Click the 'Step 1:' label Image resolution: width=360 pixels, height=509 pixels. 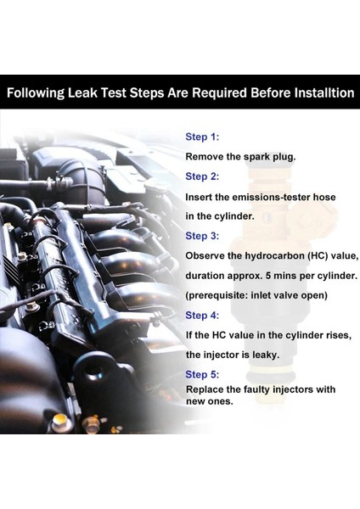[202, 137]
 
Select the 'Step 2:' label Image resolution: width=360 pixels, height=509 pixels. [202, 176]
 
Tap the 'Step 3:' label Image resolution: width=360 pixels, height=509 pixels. [202, 236]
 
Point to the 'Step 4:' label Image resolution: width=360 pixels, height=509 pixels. [202, 316]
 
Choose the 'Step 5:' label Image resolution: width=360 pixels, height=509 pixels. [202, 375]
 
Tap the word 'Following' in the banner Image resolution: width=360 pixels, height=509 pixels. [36, 93]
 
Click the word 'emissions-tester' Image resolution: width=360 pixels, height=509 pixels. [272, 197]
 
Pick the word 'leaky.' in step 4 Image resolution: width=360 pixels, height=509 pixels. [266, 355]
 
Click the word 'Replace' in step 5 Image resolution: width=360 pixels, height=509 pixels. [205, 389]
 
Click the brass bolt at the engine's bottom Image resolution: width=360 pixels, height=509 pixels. [60, 421]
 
